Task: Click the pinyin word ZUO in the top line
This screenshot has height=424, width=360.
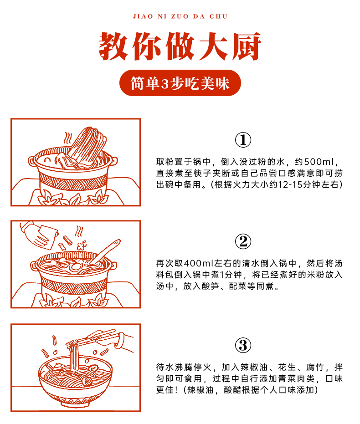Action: pos(180,16)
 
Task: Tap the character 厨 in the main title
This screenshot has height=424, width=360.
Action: pos(246,46)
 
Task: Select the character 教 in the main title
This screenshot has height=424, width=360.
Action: pos(113,46)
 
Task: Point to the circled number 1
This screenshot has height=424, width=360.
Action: pos(243,140)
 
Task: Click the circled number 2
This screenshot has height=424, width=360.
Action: pos(243,241)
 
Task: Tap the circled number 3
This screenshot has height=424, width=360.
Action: pos(243,345)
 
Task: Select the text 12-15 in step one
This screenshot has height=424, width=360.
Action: pos(290,184)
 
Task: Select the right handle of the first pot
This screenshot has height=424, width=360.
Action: pos(114,161)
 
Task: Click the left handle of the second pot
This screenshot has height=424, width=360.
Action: pos(34,265)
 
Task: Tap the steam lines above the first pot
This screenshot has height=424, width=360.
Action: pos(68,138)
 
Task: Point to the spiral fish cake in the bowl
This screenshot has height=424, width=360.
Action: pos(88,381)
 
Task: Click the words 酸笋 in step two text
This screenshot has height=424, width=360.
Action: pos(210,286)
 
